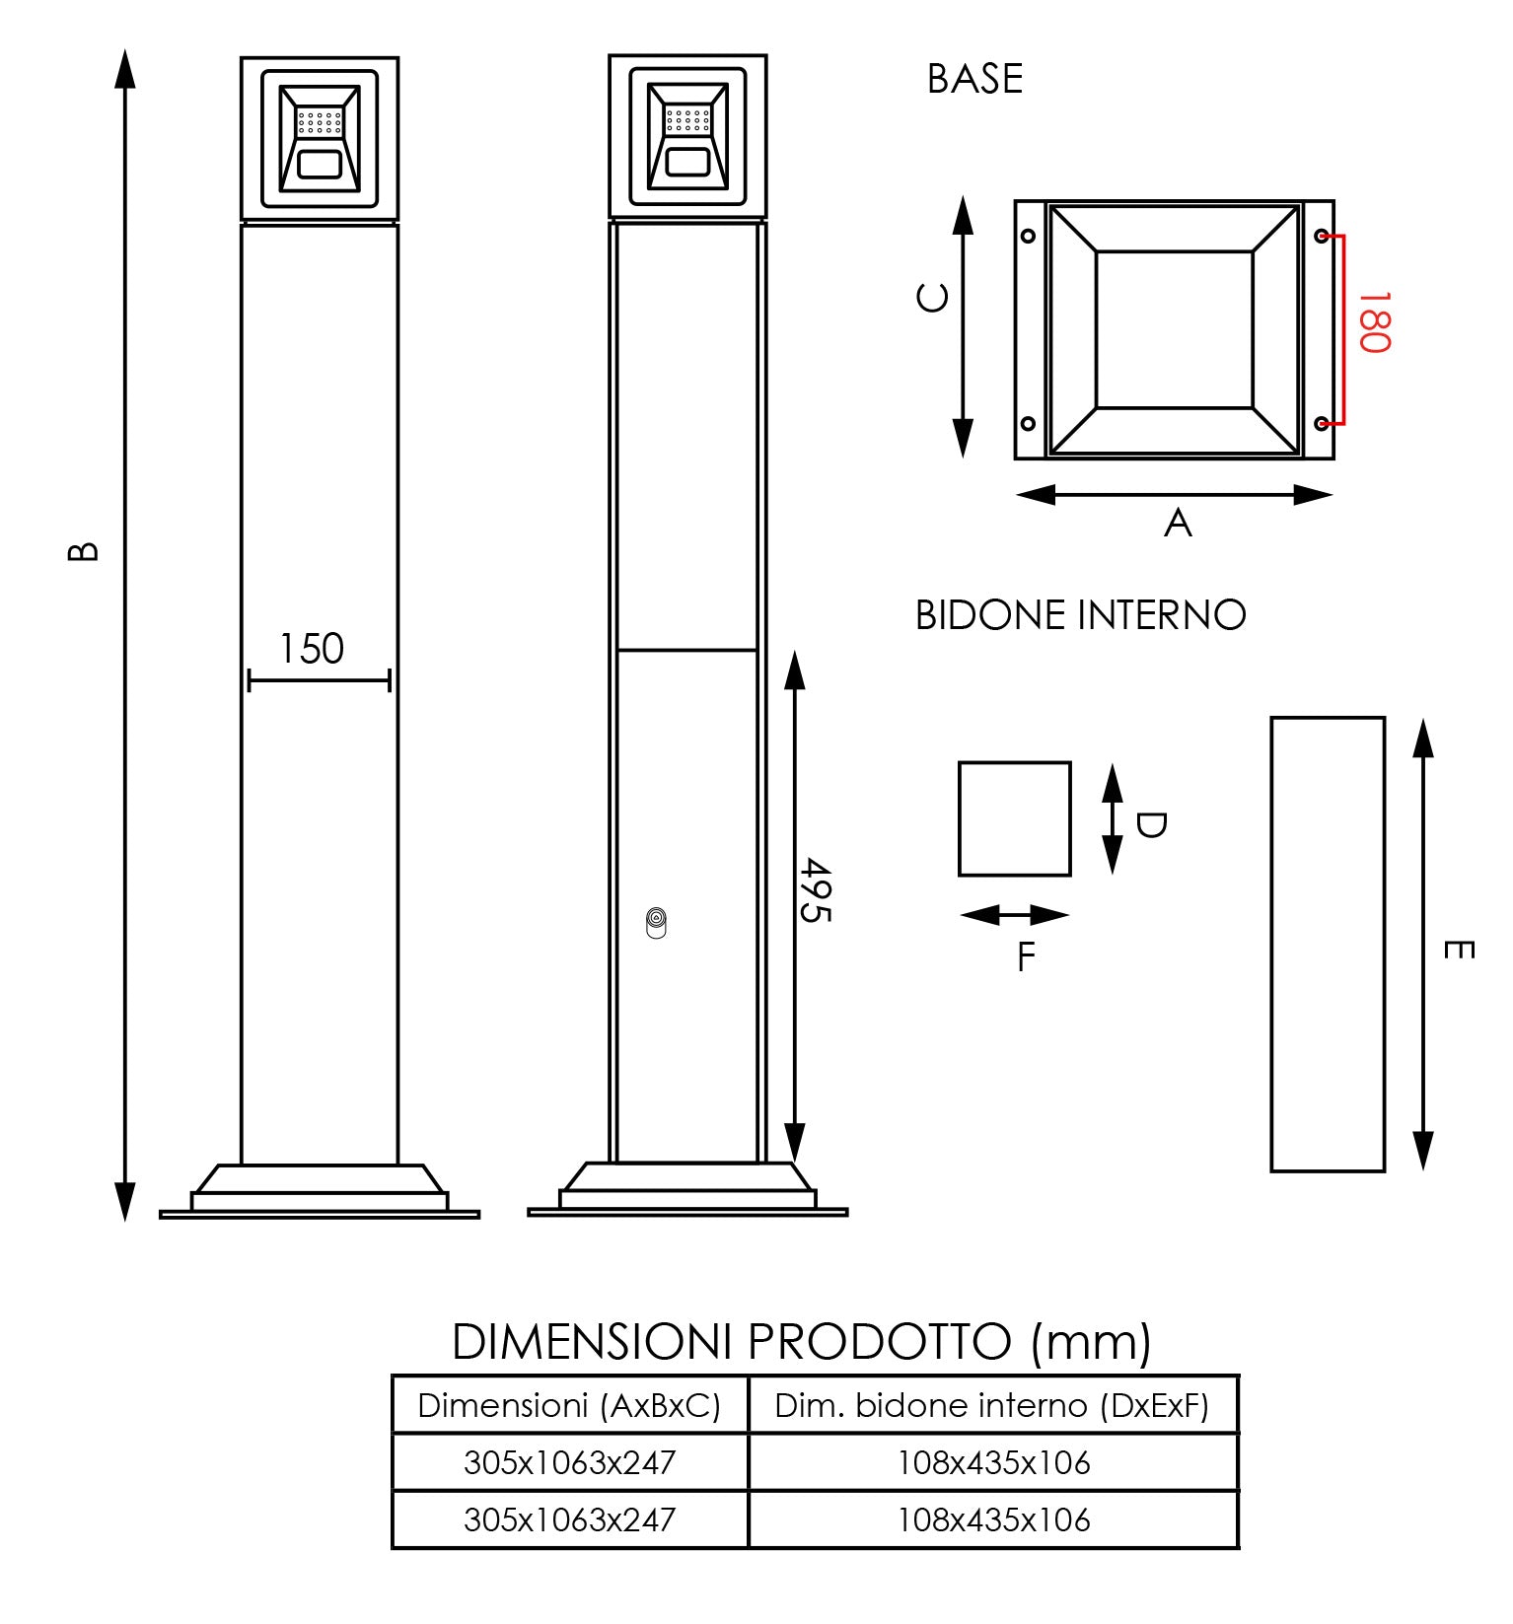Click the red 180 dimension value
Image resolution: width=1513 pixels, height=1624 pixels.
1373,321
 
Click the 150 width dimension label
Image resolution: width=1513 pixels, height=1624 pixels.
312,649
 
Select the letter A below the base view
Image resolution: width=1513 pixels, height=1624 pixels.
1178,523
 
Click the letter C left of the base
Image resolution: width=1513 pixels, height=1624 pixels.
933,297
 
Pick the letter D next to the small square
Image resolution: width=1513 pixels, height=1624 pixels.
1150,824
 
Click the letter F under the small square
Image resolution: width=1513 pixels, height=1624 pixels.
1026,956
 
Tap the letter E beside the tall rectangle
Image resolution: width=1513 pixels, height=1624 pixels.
1458,950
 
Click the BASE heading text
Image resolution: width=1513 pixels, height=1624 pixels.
974,80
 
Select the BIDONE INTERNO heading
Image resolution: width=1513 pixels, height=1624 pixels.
1080,615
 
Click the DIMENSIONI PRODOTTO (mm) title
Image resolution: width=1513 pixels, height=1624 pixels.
801,1342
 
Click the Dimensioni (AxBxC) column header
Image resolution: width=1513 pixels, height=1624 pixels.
569,1405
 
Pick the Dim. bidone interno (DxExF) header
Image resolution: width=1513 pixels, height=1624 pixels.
991,1405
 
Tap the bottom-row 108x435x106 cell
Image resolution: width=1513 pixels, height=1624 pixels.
993,1519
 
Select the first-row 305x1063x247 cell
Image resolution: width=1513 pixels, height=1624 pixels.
569,1462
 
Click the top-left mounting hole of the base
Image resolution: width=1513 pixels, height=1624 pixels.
1029,236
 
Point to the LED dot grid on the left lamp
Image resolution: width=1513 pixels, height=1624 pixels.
320,122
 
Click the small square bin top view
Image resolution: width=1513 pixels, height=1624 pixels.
1014,818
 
